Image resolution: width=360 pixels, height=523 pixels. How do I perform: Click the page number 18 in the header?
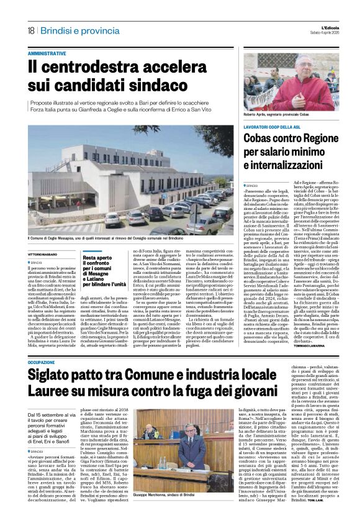30,30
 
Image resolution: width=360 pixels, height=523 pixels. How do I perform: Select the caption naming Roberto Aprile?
276,116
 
